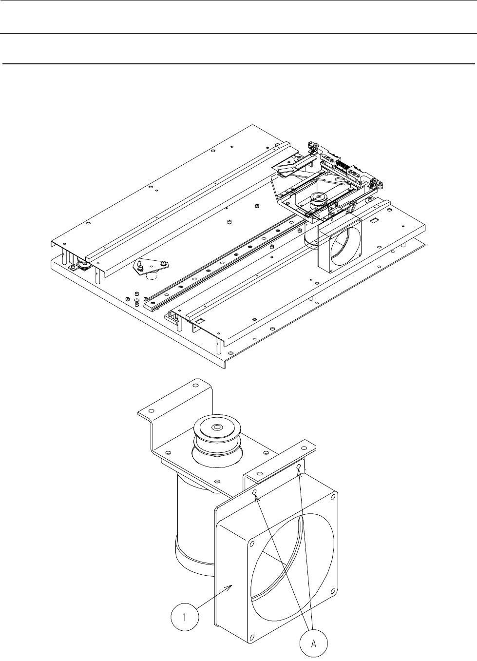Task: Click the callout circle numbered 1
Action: point(185,617)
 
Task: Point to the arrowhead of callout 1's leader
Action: point(231,585)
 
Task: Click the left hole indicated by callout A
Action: point(254,492)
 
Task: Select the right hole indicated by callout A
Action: point(299,467)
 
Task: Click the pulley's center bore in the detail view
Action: point(218,427)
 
